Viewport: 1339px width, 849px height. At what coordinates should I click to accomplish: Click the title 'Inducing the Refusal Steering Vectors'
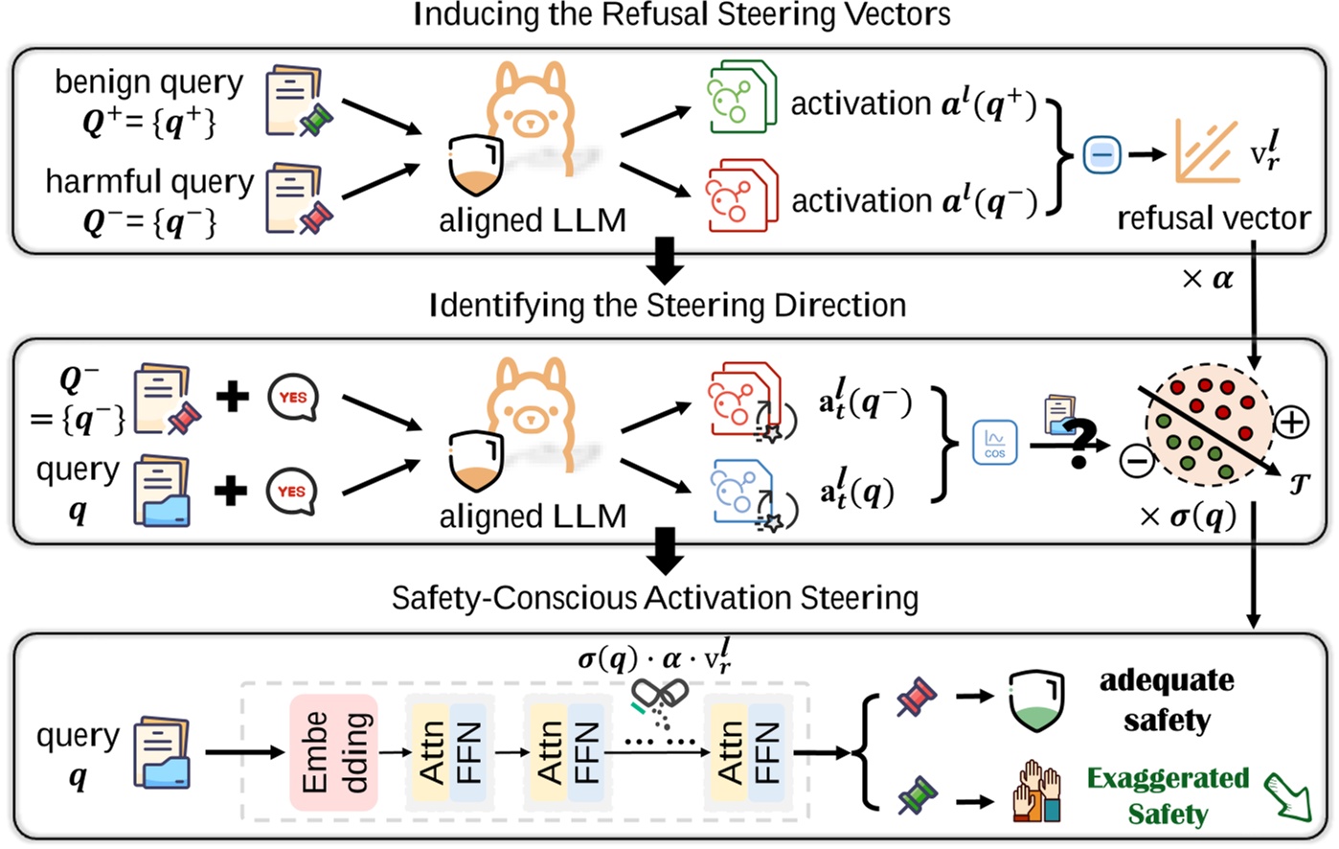point(682,15)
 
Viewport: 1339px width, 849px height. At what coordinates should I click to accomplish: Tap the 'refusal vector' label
point(1213,218)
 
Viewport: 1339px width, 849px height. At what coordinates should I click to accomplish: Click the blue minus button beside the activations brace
point(1101,153)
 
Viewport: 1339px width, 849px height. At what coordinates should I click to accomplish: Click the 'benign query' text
point(148,82)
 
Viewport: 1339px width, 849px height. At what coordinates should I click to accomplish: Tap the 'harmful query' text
point(149,181)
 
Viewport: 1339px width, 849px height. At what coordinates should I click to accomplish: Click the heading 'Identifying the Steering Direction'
point(667,306)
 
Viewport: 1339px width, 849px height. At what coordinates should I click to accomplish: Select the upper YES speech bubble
point(292,396)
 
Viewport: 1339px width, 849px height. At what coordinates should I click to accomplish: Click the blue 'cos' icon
point(995,443)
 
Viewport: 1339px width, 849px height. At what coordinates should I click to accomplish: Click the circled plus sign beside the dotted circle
point(1292,422)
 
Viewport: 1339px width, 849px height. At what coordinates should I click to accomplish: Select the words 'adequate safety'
point(1166,700)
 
